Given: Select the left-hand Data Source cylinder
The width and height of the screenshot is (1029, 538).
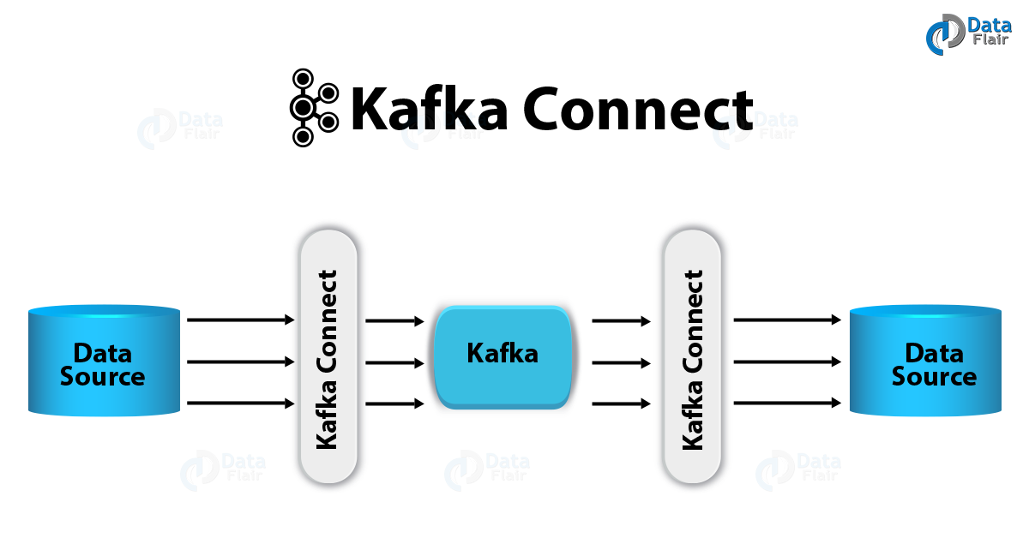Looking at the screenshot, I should tap(104, 361).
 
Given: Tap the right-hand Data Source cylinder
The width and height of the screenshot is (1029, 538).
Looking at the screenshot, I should tap(924, 361).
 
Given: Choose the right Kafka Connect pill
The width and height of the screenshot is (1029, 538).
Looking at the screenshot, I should tap(693, 356).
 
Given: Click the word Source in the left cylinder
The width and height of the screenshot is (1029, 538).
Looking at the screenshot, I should tap(103, 377).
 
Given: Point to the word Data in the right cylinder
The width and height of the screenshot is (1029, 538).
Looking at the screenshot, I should tap(934, 352).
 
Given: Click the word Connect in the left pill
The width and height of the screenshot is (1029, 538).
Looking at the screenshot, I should tap(327, 325).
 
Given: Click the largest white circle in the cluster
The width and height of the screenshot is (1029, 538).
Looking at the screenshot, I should tap(302, 108).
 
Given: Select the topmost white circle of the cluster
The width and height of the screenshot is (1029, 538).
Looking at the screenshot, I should tap(303, 79).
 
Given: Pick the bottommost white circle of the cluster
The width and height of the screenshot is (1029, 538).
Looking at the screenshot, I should tap(303, 137).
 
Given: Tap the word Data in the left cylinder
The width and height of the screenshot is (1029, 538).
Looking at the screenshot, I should tap(103, 352).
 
